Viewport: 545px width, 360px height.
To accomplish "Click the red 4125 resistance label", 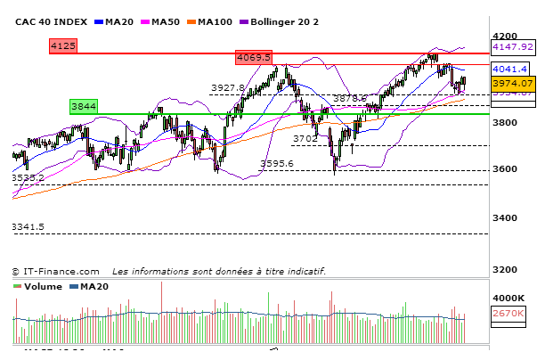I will [x=63, y=45].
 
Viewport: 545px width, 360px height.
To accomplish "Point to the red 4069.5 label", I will [x=253, y=57].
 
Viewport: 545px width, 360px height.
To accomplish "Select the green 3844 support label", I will [x=83, y=106].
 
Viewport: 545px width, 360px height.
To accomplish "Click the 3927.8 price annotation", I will [x=227, y=87].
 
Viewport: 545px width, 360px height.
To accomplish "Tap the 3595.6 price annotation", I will [x=277, y=163].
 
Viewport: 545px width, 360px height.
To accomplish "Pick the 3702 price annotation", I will [x=305, y=138].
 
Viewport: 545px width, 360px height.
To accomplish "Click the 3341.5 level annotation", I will [x=28, y=227].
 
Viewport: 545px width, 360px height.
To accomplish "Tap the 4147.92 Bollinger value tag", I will [x=512, y=46].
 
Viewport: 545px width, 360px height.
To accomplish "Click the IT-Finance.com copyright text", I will [x=55, y=271].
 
